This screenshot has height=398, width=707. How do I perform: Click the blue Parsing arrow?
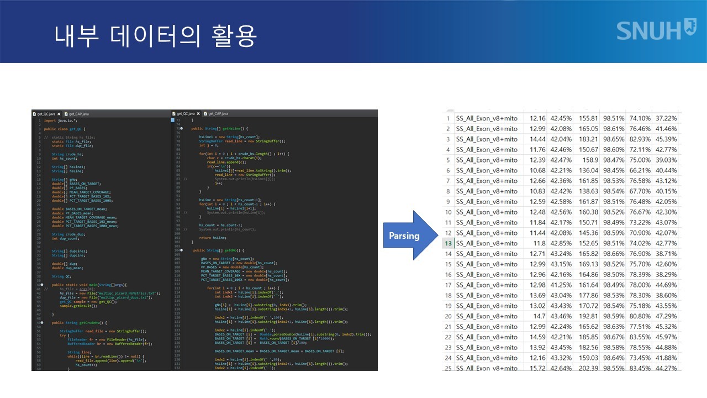tap(406, 235)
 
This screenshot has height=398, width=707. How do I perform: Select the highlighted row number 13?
tap(448, 243)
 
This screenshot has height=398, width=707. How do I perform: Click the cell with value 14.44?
tap(537, 139)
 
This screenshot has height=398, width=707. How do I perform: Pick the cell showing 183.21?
tap(588, 139)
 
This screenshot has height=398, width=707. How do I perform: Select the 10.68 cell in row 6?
tap(537, 170)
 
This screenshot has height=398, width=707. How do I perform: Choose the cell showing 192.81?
tap(588, 316)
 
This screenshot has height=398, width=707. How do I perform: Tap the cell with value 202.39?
tap(588, 368)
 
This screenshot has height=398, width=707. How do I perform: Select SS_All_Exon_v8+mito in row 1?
tap(487, 118)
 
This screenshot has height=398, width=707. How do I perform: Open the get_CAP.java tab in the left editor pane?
tap(77, 113)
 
